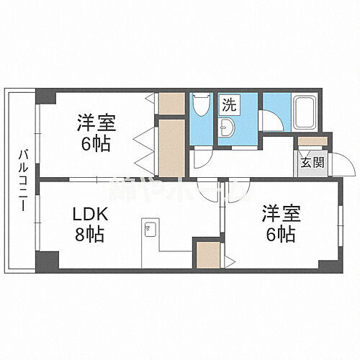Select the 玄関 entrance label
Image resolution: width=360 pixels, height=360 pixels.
click(x=312, y=162)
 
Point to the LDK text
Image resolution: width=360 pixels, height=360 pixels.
click(x=91, y=214)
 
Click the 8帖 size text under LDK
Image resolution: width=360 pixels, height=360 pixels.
click(x=91, y=235)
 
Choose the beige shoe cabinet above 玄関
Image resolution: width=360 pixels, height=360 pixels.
click(x=312, y=142)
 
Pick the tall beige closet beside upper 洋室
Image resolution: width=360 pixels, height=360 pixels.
click(x=171, y=148)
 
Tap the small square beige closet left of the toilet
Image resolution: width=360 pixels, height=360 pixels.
click(x=171, y=104)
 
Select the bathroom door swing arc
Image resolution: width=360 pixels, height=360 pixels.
click(x=271, y=120)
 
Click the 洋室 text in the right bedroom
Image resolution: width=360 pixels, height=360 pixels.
click(x=279, y=214)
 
